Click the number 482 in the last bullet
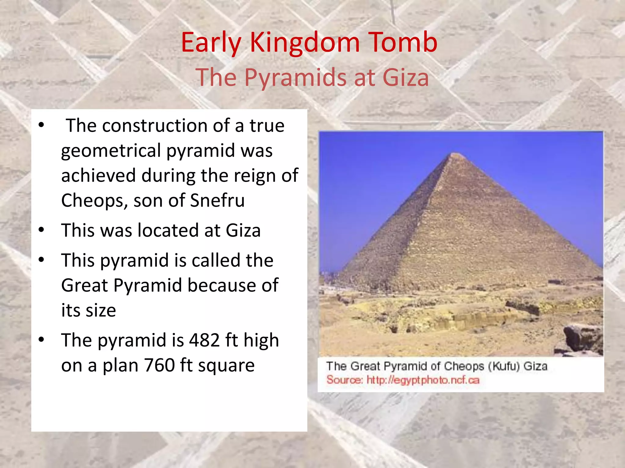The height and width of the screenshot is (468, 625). click(204, 340)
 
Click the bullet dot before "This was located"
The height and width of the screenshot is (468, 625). click(42, 230)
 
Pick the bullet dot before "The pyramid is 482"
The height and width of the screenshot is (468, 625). click(42, 339)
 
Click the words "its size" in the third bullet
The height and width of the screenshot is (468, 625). click(89, 310)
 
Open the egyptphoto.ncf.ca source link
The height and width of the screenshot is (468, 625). click(423, 380)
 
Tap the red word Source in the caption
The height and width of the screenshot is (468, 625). click(344, 380)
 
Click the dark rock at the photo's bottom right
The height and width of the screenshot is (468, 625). click(581, 338)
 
